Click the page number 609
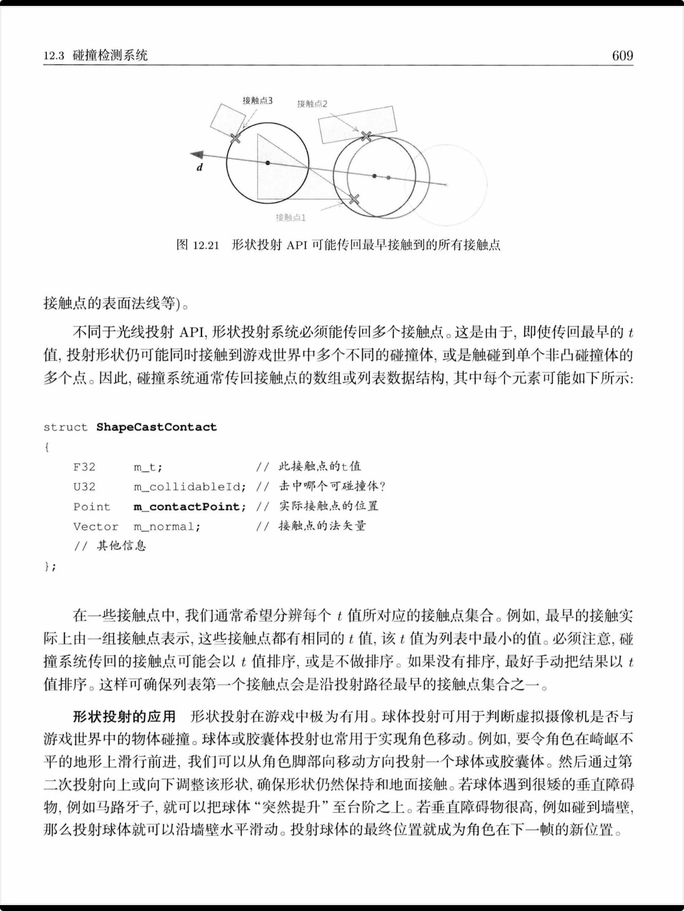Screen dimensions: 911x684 tap(622, 56)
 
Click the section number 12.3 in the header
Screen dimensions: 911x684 tap(54, 56)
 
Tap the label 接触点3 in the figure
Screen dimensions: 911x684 tap(257, 100)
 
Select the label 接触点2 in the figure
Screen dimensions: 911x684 tap(312, 104)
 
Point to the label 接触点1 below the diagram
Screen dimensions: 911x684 tap(290, 218)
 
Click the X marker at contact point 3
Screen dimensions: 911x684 tap(236, 137)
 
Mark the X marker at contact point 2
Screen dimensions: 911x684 tap(366, 136)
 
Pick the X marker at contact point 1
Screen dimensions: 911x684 tap(354, 199)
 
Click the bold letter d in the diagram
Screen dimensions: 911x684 tap(200, 167)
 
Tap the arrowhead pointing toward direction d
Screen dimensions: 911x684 tap(197, 155)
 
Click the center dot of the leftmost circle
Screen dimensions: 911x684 tap(268, 163)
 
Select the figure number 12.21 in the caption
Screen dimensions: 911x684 tap(206, 245)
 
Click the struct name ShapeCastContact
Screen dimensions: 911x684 tap(156, 427)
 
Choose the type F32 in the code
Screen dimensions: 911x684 tap(84, 467)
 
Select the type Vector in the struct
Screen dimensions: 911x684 tap(95, 527)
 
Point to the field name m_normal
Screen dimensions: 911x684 tap(167, 527)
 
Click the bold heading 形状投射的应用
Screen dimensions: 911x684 tap(124, 716)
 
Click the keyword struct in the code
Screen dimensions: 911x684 tap(65, 427)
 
